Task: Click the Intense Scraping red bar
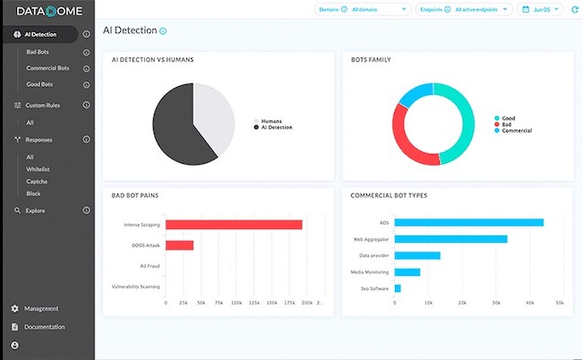[x=233, y=225]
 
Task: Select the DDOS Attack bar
[x=179, y=244]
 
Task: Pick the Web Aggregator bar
[x=450, y=239]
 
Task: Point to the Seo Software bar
[x=398, y=288]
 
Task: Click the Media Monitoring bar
[x=407, y=272]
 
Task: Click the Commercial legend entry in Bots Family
[x=516, y=131]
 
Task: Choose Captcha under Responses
[x=36, y=181]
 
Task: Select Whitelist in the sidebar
[x=38, y=168]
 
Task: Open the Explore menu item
[x=36, y=210]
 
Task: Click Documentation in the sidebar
[x=44, y=327]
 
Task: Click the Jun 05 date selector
[x=541, y=10]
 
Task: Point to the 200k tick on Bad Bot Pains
[x=307, y=303]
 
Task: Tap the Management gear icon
[x=15, y=309]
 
